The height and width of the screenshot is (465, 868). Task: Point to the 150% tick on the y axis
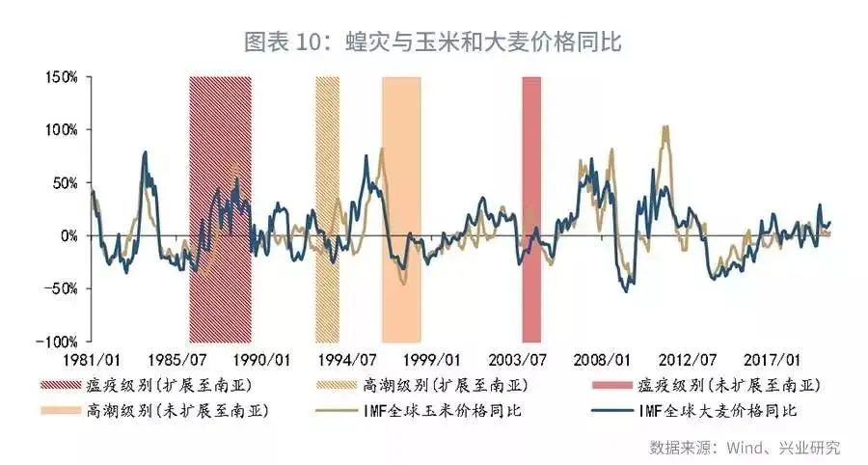click(60, 76)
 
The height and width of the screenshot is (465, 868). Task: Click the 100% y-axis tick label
click(60, 129)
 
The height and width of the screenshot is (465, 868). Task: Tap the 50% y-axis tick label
click(64, 182)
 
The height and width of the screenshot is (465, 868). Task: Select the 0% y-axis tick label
click(68, 235)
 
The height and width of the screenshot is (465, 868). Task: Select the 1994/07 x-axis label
click(349, 361)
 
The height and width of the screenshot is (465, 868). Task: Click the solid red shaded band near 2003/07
click(531, 207)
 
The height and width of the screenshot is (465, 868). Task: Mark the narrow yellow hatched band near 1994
click(328, 207)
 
